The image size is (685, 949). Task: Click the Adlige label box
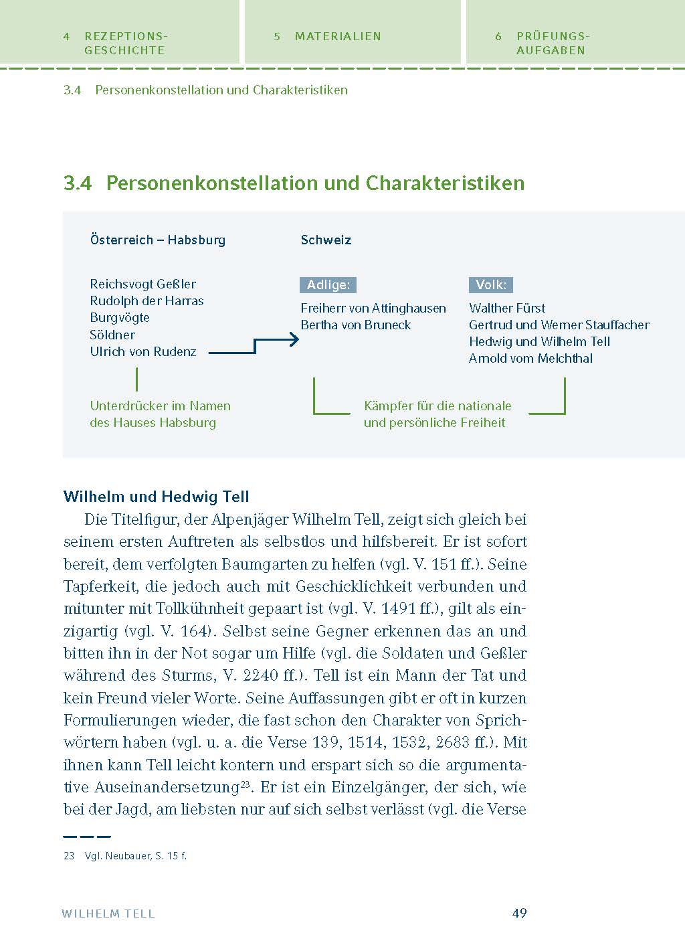tap(328, 285)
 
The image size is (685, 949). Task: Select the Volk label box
tap(490, 285)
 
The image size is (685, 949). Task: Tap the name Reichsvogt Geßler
tap(142, 284)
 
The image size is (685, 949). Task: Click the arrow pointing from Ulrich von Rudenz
tap(254, 345)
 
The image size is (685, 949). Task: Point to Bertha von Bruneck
tap(355, 325)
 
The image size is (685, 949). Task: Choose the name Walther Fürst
tap(506, 309)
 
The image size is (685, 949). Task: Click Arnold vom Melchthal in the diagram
tap(530, 359)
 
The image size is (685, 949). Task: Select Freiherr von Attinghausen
tap(373, 309)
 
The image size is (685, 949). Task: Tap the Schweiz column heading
tap(326, 240)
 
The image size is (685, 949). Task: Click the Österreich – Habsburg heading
tap(157, 240)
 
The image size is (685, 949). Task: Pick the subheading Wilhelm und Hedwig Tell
tap(156, 497)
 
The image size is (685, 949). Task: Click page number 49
tap(519, 914)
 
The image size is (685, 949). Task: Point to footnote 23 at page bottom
tap(125, 856)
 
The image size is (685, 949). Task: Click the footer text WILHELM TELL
tap(108, 914)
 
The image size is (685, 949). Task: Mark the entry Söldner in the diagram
tap(112, 335)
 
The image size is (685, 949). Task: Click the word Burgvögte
tap(120, 318)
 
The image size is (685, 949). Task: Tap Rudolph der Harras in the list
tap(146, 301)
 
